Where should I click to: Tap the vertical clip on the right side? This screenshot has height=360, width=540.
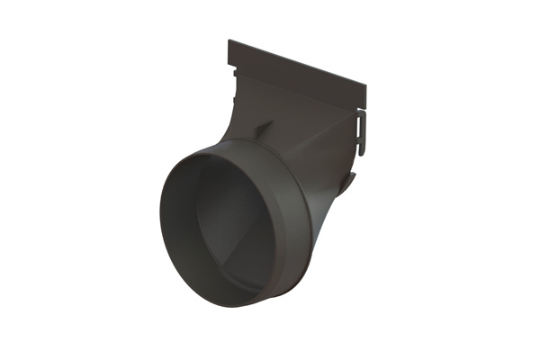[x=362, y=131]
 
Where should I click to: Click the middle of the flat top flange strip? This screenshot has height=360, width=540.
[x=297, y=66]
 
